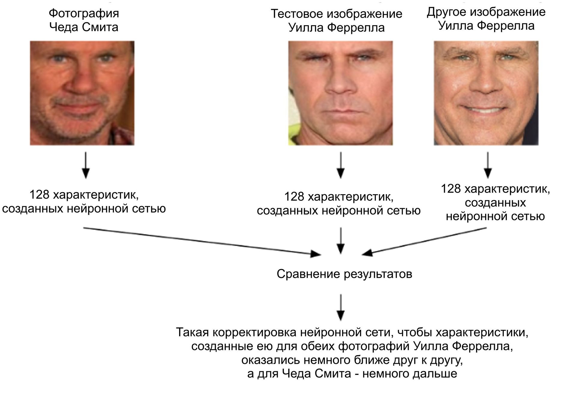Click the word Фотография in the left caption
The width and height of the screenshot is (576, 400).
pos(84,13)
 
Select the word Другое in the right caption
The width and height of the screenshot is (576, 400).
pos(446,12)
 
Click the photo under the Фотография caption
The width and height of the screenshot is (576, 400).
pos(82,93)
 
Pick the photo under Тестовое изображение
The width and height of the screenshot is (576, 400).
pos(340,93)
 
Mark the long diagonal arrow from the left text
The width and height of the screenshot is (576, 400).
pos(201,241)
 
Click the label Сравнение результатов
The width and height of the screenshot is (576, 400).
pos(344,274)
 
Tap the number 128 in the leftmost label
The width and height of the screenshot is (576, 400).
pos(39,195)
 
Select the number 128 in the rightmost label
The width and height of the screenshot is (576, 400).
pos(451,189)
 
